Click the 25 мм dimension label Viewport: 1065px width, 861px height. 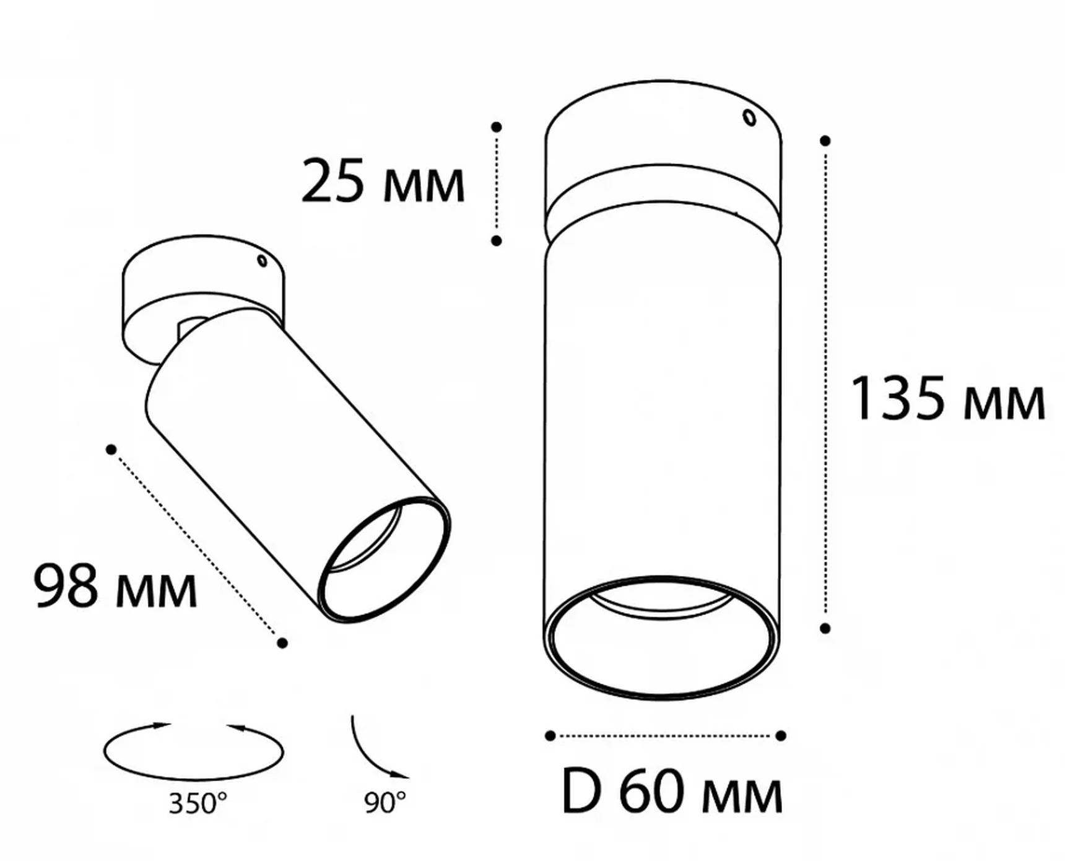pyautogui.click(x=383, y=181)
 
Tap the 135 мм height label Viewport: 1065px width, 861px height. pyautogui.click(x=948, y=398)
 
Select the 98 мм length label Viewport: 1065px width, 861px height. pyautogui.click(x=115, y=585)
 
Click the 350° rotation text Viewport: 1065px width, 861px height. pyautogui.click(x=198, y=803)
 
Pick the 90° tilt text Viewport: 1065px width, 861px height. pyautogui.click(x=385, y=803)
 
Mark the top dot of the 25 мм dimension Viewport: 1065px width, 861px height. pyautogui.click(x=497, y=127)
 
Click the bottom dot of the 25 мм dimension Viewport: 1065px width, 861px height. pyautogui.click(x=497, y=240)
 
